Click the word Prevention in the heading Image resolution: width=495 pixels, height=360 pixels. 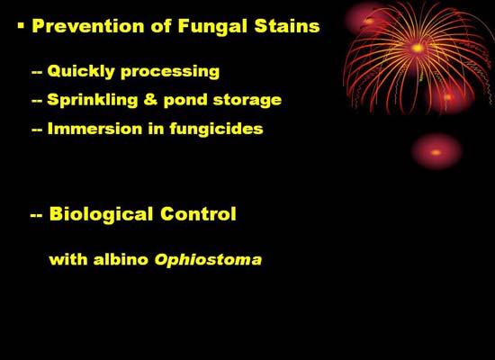coord(89,26)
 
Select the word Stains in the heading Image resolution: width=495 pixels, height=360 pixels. coord(287,26)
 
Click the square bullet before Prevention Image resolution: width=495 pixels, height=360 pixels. coord(21,25)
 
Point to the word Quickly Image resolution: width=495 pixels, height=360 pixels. coord(81,71)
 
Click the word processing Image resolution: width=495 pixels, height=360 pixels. coord(170,72)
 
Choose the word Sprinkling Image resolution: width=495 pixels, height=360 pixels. coord(93,101)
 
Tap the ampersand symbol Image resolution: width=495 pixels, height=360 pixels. coord(150,100)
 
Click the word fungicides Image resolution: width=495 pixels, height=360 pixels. coord(216,129)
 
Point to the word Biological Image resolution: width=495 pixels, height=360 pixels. coord(102,214)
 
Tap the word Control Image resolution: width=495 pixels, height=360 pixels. coord(198,214)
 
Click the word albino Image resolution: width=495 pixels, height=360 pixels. coord(121,259)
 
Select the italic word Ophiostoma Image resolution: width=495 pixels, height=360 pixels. coord(208,260)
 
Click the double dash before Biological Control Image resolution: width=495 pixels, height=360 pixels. coord(36,216)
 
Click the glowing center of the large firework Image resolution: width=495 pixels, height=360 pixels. coord(418,49)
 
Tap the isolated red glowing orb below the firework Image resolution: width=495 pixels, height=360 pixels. coord(436,152)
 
